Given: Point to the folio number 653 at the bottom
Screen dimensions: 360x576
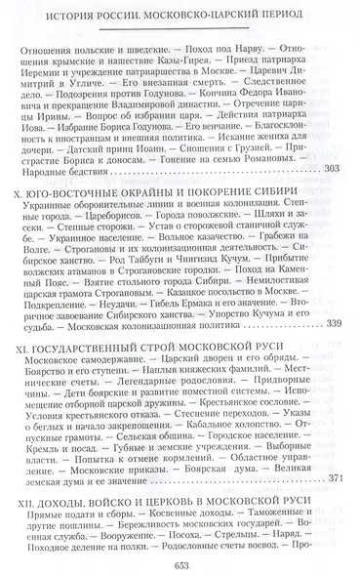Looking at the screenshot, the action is (x=180, y=561).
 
